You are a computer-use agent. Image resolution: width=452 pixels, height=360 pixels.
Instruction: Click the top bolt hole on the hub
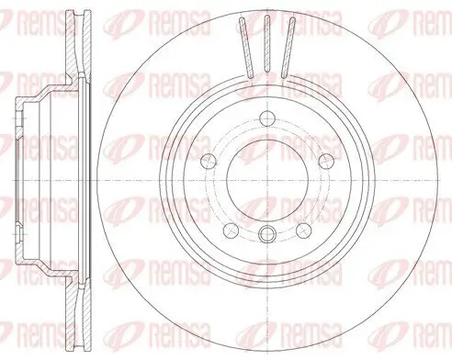pyautogui.click(x=267, y=118)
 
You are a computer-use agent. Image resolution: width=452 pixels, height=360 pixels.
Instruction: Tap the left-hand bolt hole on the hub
pyautogui.click(x=209, y=161)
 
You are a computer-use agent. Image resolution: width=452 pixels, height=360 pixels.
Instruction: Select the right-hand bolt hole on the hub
pyautogui.click(x=326, y=161)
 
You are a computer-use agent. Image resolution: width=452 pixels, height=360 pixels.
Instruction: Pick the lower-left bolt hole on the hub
pyautogui.click(x=232, y=231)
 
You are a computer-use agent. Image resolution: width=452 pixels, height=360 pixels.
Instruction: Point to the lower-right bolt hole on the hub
pyautogui.click(x=304, y=231)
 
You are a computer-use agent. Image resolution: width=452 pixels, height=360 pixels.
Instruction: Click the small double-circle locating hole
pyautogui.click(x=267, y=235)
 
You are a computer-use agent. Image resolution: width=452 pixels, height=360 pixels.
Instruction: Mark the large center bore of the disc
pyautogui.click(x=267, y=181)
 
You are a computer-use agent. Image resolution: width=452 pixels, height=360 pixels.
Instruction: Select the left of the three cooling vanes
pyautogui.click(x=246, y=47)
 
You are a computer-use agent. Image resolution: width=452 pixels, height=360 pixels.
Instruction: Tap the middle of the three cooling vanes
pyautogui.click(x=267, y=43)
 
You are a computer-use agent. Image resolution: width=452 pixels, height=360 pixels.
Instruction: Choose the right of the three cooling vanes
pyautogui.click(x=288, y=47)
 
